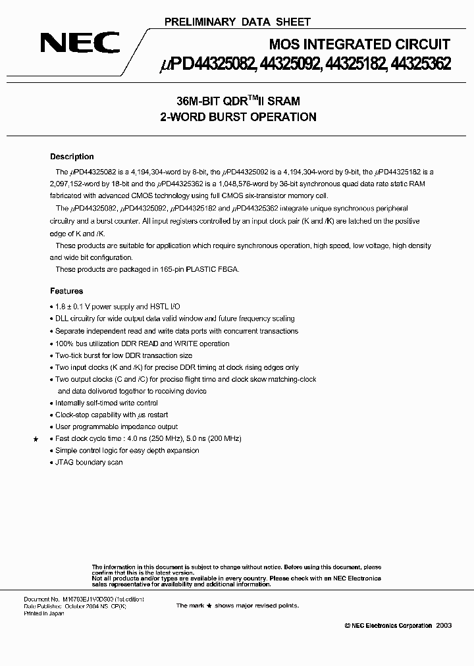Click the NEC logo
pos(80,43)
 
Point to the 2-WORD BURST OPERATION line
pos(238,117)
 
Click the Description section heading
pos(72,157)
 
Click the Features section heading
pos(66,290)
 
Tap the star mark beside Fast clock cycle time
pos(36,438)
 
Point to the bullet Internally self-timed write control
pos(106,403)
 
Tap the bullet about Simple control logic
pos(126,450)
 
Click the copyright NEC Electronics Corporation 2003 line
pos(388,625)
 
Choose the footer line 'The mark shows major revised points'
pos(237,605)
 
